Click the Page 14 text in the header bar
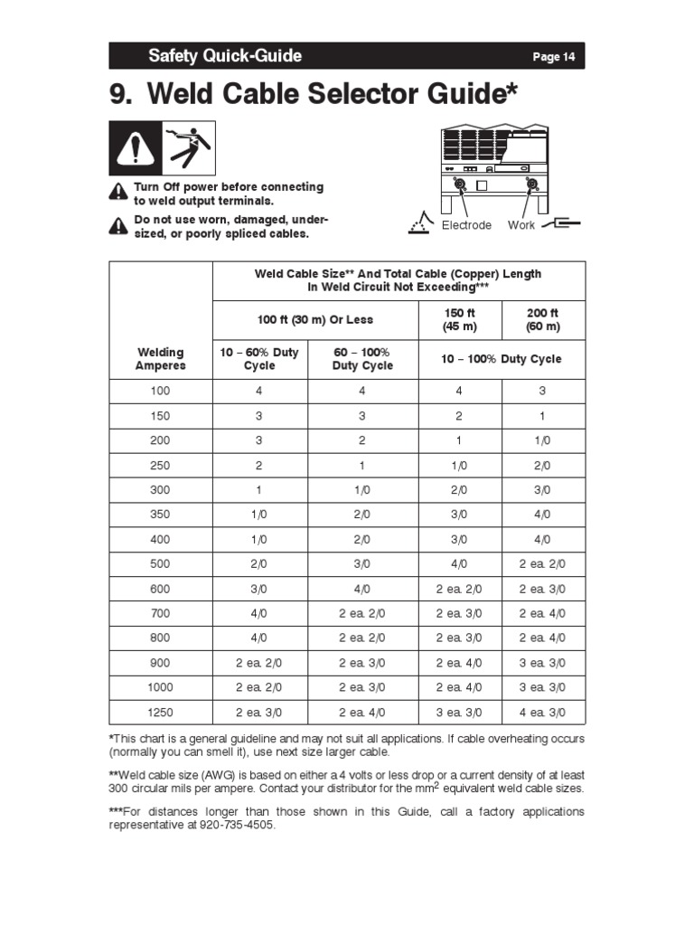pyautogui.click(x=553, y=57)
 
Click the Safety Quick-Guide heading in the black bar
pyautogui.click(x=225, y=56)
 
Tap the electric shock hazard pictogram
pyautogui.click(x=189, y=147)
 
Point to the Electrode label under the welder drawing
pyautogui.click(x=466, y=225)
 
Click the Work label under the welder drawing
pyautogui.click(x=521, y=225)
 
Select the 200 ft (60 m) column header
pyautogui.click(x=543, y=320)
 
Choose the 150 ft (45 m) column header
pyautogui.click(x=461, y=320)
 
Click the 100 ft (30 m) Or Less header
pyautogui.click(x=314, y=320)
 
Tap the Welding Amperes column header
pyautogui.click(x=160, y=359)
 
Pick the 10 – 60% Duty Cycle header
pyautogui.click(x=260, y=359)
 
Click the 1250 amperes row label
pyautogui.click(x=160, y=713)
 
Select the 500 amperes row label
pyautogui.click(x=160, y=564)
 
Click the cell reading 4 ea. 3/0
pyautogui.click(x=543, y=713)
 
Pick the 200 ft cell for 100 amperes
pyautogui.click(x=543, y=392)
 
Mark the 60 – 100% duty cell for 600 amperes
pyautogui.click(x=362, y=589)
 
